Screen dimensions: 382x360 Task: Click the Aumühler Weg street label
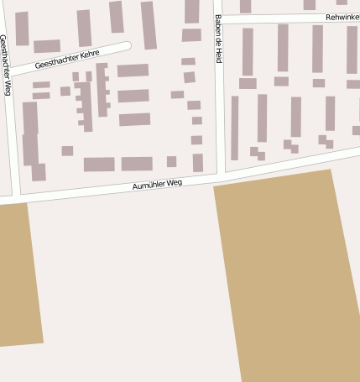point(157,184)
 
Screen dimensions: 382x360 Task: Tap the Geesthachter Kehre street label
point(67,59)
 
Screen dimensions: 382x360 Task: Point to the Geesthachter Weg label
point(6,65)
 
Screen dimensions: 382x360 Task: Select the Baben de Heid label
point(218,39)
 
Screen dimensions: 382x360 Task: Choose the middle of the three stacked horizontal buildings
point(133,96)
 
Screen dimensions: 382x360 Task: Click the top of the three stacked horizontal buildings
point(133,71)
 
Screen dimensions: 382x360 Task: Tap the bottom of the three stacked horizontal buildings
point(134,119)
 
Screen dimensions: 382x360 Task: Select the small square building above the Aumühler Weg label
point(171,161)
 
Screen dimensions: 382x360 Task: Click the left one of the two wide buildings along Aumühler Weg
point(99,164)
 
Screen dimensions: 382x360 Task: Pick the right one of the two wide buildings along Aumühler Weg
point(137,164)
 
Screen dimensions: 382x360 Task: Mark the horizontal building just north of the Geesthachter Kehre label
point(46,46)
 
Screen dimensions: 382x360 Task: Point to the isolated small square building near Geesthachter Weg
point(67,151)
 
